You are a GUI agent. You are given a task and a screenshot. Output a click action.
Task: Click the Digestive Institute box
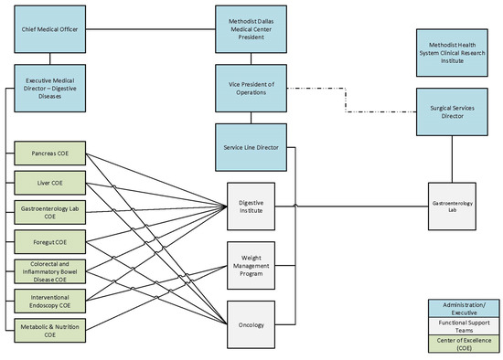[251, 206]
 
